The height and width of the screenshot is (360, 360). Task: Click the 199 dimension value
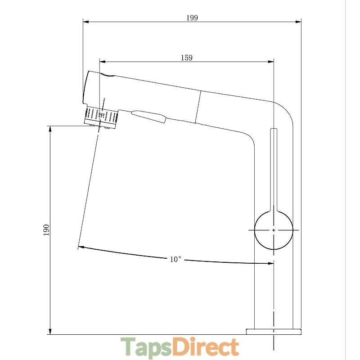point(192,18)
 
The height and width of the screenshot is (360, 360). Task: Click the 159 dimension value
point(187,58)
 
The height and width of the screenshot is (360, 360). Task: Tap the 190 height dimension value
point(46,230)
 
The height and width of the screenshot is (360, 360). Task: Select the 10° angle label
point(175,260)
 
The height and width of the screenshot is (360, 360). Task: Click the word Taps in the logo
point(146,347)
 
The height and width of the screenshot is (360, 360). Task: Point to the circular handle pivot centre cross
point(274,230)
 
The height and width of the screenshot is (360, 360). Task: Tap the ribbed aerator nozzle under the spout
point(101,117)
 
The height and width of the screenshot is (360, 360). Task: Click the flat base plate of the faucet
point(274,332)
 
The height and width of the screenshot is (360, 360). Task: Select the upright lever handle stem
point(274,170)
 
